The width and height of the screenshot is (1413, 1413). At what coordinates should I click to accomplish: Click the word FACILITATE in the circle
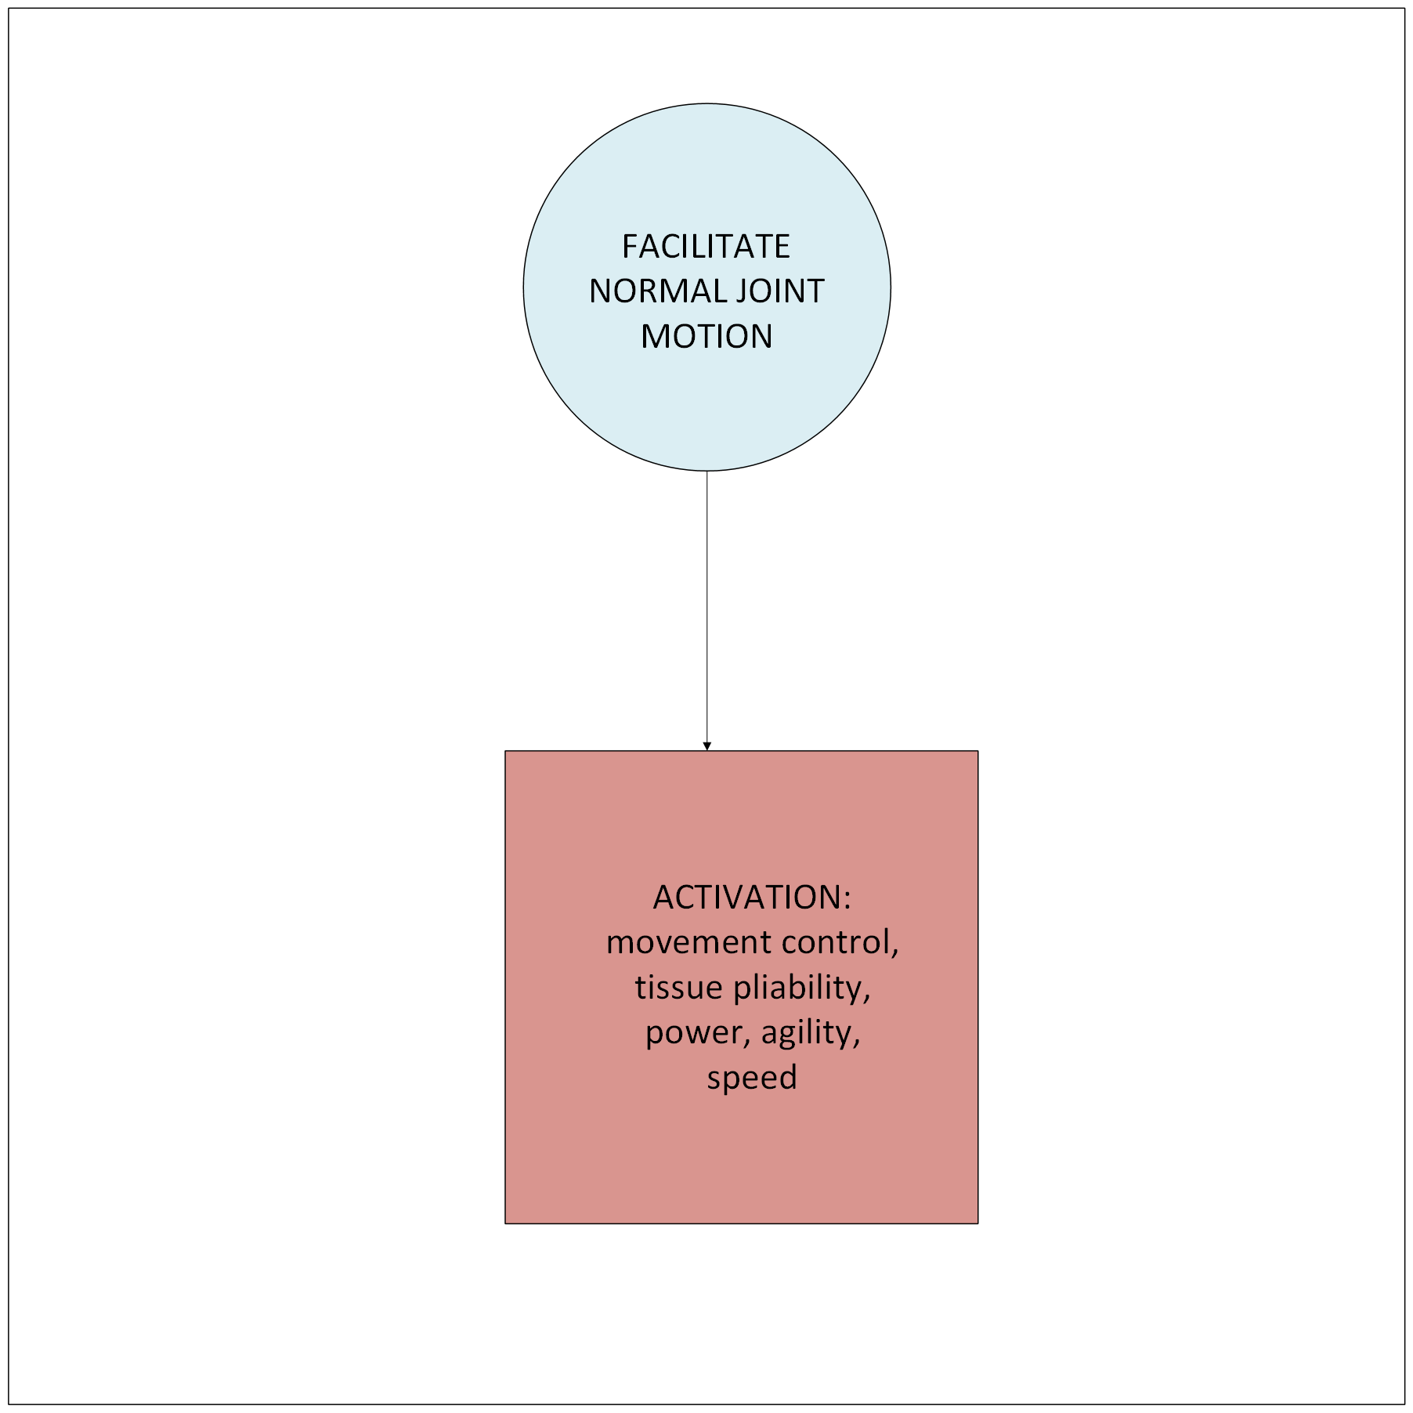pyautogui.click(x=706, y=247)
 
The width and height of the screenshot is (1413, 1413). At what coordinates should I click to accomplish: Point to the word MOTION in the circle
pyautogui.click(x=706, y=337)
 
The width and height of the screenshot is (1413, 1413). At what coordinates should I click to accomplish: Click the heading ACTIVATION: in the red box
pyautogui.click(x=750, y=898)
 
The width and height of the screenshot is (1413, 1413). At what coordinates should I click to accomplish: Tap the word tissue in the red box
pyautogui.click(x=678, y=988)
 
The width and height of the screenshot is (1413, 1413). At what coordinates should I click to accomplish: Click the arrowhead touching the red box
pyautogui.click(x=706, y=746)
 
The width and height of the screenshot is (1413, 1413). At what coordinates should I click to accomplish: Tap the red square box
pyautogui.click(x=741, y=1159)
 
